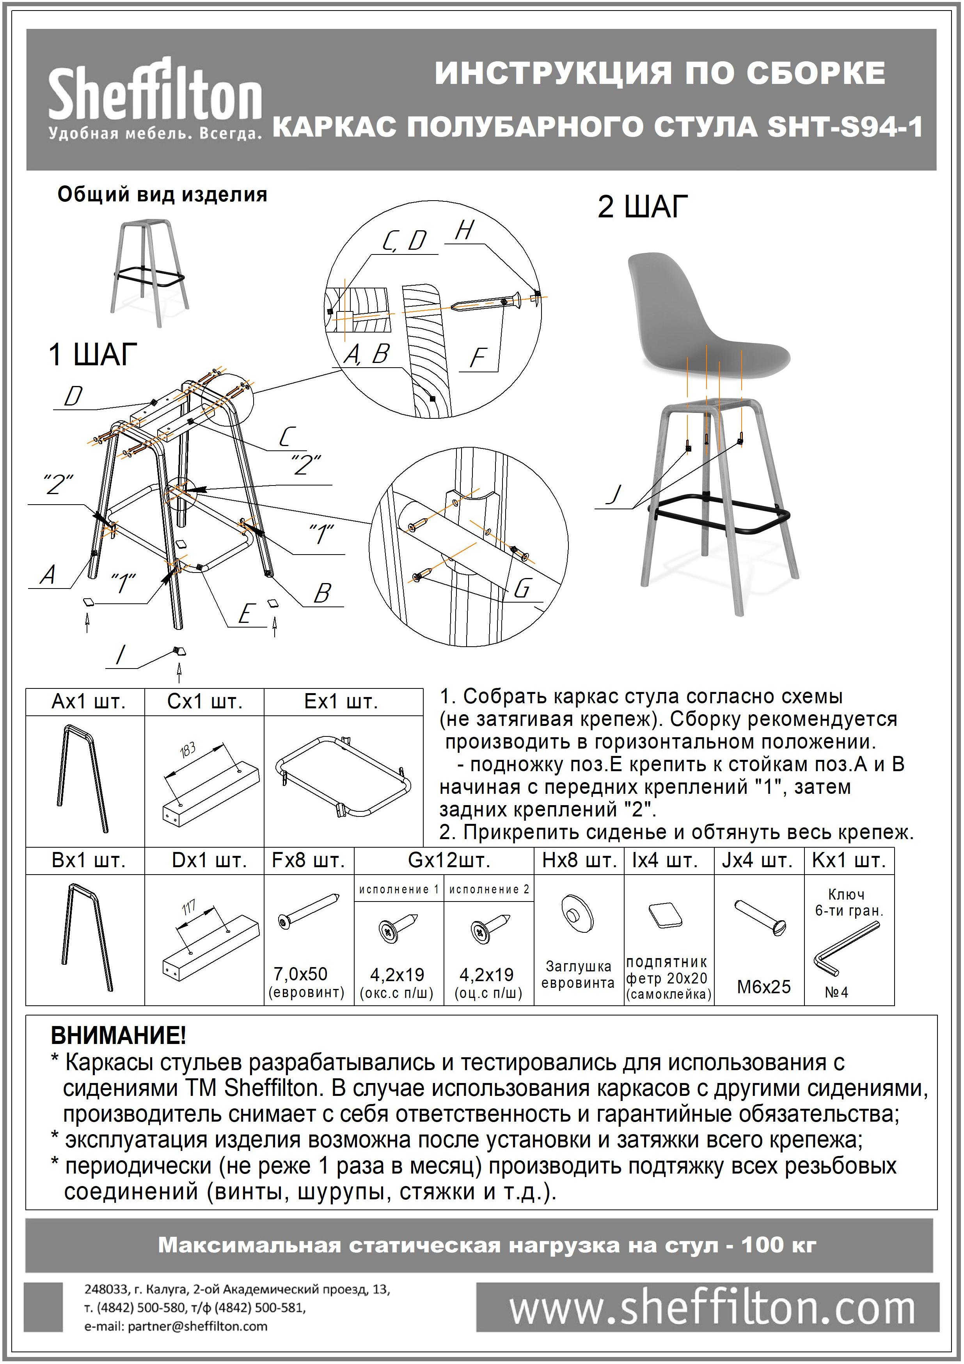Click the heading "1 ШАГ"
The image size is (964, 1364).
93,355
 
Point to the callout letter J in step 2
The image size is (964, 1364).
615,494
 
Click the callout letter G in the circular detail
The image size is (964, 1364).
522,588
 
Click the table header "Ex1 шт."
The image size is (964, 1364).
341,702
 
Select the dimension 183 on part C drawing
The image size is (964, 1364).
188,751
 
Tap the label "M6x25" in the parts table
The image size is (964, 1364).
764,987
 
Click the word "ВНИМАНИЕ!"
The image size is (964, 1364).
118,1035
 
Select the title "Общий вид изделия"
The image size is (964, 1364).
162,195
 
